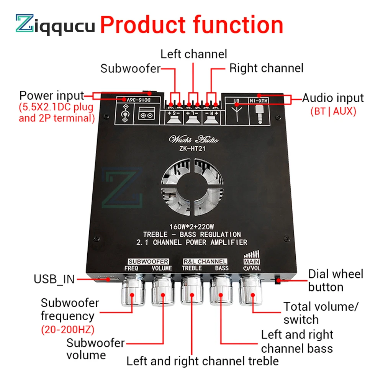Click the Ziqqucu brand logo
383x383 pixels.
(x=55, y=25)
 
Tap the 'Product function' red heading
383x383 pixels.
(x=191, y=25)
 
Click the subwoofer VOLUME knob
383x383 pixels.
(x=163, y=293)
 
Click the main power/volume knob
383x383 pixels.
(x=251, y=293)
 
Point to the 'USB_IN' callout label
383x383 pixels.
(x=54, y=279)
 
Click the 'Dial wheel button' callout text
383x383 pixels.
(x=336, y=280)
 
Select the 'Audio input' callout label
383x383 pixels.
(x=333, y=98)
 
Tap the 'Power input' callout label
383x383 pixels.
(x=51, y=95)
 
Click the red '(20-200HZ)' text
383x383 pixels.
(x=68, y=329)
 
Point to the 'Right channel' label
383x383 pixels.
(x=266, y=68)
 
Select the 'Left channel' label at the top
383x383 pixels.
(x=193, y=54)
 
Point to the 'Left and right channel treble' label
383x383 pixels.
(x=203, y=361)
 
